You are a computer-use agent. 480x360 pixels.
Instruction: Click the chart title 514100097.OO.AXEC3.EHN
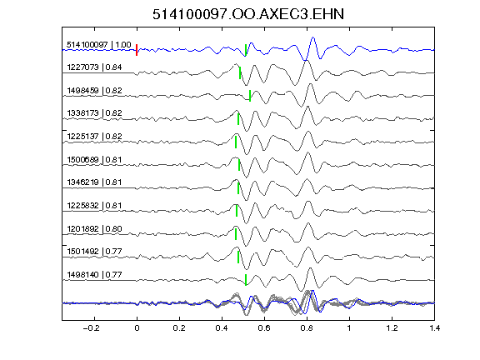coord(248,14)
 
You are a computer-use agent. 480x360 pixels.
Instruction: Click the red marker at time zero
coord(137,50)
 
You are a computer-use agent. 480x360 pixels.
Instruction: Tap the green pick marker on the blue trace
coord(246,50)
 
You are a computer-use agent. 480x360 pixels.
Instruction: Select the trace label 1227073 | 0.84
coord(94,67)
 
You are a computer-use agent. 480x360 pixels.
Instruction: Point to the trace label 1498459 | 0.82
coord(94,90)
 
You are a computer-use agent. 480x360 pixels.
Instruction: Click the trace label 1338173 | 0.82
coord(94,113)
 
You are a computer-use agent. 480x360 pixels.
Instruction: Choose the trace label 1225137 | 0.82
coord(94,136)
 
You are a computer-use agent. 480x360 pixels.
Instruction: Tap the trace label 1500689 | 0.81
coord(94,159)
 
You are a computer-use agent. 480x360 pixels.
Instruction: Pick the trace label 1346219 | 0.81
coord(94,182)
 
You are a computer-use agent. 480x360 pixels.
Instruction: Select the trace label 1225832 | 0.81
coord(94,205)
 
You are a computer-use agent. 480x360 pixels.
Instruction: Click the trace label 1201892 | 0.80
coord(94,228)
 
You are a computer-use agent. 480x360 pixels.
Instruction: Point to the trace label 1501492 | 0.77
coord(94,252)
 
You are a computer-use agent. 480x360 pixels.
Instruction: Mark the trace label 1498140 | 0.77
coord(94,275)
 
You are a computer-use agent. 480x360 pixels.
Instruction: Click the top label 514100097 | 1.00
coord(99,45)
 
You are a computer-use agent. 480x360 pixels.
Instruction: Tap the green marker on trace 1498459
coord(250,96)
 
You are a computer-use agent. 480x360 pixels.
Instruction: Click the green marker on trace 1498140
coord(246,280)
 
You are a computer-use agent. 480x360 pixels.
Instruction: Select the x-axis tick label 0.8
coord(307,328)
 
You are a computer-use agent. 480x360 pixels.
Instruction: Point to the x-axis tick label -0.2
coord(91,328)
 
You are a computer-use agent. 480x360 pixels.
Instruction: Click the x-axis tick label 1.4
coord(435,328)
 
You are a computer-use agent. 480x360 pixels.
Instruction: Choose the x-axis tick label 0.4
coord(222,328)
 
